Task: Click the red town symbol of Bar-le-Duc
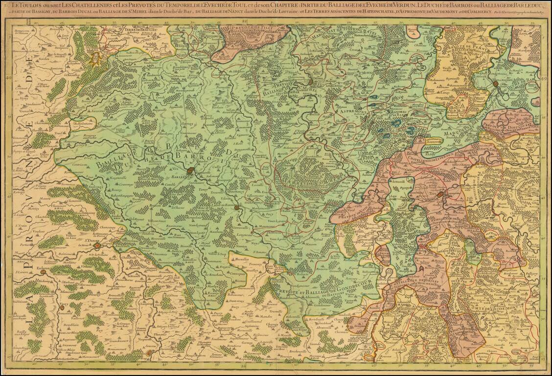(x=195, y=171)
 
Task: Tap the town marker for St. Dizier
(x=97, y=246)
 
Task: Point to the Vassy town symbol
(x=63, y=305)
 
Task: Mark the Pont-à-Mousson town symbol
(x=497, y=84)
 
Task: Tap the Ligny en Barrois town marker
(x=237, y=208)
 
